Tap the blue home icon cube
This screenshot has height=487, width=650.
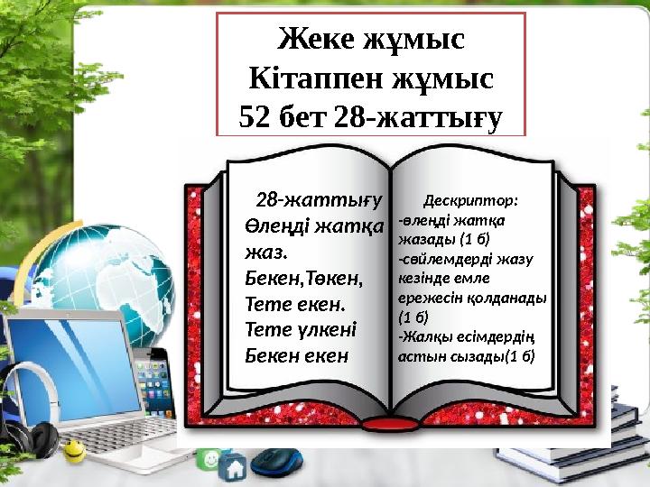click(x=233, y=467)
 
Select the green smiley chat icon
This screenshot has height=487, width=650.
click(x=209, y=458)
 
